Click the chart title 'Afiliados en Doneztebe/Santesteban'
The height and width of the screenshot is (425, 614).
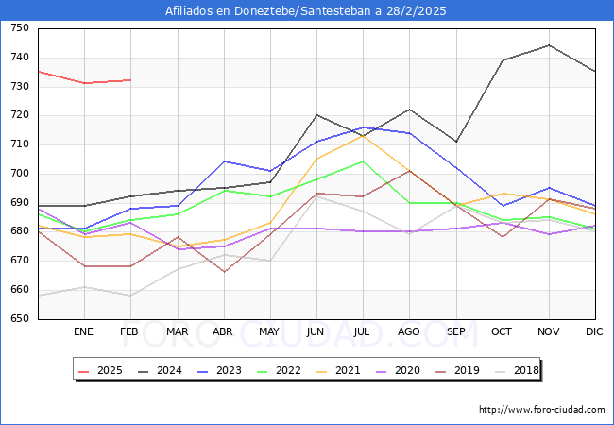tap(306, 11)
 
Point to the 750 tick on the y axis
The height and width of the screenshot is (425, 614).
tap(19, 28)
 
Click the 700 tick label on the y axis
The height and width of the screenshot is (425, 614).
tap(19, 174)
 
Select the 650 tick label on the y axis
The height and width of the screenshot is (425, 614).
tap(19, 319)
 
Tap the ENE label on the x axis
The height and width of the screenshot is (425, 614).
tap(84, 332)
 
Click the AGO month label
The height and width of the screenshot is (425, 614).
tap(409, 332)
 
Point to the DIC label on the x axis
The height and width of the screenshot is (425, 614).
tap(594, 332)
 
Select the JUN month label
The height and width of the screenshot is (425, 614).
tap(316, 332)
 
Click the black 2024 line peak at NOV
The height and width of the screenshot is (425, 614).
tap(548, 45)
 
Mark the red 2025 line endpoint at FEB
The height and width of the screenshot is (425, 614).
tap(130, 80)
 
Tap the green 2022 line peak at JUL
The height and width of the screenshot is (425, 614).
tap(363, 161)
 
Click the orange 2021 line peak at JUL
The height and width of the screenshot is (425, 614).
tap(363, 135)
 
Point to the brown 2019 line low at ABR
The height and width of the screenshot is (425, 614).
tap(224, 272)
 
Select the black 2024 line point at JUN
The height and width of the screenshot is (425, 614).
tap(316, 115)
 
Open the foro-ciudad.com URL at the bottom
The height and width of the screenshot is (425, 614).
tap(541, 410)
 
